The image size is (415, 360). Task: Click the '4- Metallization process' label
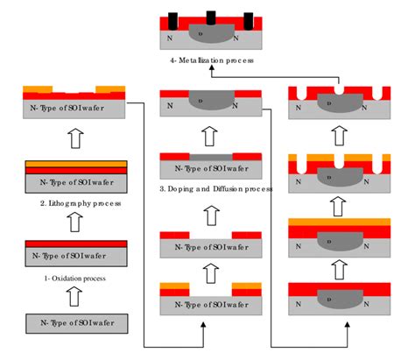tap(207, 60)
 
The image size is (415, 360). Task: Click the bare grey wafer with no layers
tap(74, 322)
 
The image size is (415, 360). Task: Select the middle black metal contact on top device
tap(210, 18)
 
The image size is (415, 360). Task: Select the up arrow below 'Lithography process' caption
tap(74, 221)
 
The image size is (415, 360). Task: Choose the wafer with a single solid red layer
tap(74, 251)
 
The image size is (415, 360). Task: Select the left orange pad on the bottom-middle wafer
tap(172, 286)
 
